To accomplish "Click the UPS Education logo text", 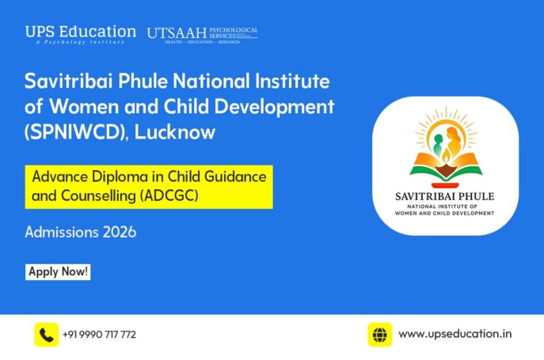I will click(x=80, y=32).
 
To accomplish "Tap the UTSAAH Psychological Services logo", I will click(x=202, y=34).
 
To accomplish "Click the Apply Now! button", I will click(x=59, y=272).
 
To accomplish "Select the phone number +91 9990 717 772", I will click(x=99, y=335).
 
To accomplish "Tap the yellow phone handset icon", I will click(x=46, y=335).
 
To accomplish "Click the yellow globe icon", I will click(x=380, y=335).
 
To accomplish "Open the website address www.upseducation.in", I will click(x=455, y=335).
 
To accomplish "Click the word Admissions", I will click(x=60, y=233).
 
